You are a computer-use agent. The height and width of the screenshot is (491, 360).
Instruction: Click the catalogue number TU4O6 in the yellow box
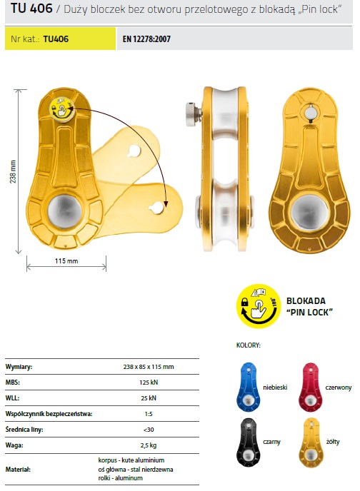pos(56,39)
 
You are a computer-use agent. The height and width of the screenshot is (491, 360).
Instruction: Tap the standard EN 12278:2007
pos(146,39)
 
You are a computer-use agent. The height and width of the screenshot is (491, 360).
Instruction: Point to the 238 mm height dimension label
pos(13,171)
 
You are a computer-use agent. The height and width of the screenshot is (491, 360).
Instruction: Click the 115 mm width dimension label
pos(66,261)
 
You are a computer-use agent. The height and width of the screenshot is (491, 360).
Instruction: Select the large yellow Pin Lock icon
pos(258,306)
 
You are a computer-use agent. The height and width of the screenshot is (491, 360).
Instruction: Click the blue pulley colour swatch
pos(249,387)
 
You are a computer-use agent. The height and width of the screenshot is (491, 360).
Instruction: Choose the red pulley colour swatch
pos(310,387)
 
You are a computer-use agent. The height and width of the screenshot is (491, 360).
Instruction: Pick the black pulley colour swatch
pos(249,442)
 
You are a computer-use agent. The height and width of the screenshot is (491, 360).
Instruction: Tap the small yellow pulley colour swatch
pos(310,442)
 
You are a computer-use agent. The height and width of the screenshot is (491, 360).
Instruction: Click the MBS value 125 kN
pos(149,383)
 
